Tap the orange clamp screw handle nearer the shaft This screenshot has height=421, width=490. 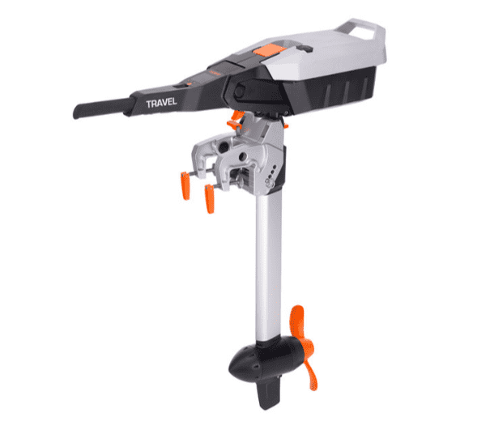point(210,198)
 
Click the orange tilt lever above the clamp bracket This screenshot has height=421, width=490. point(236,121)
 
